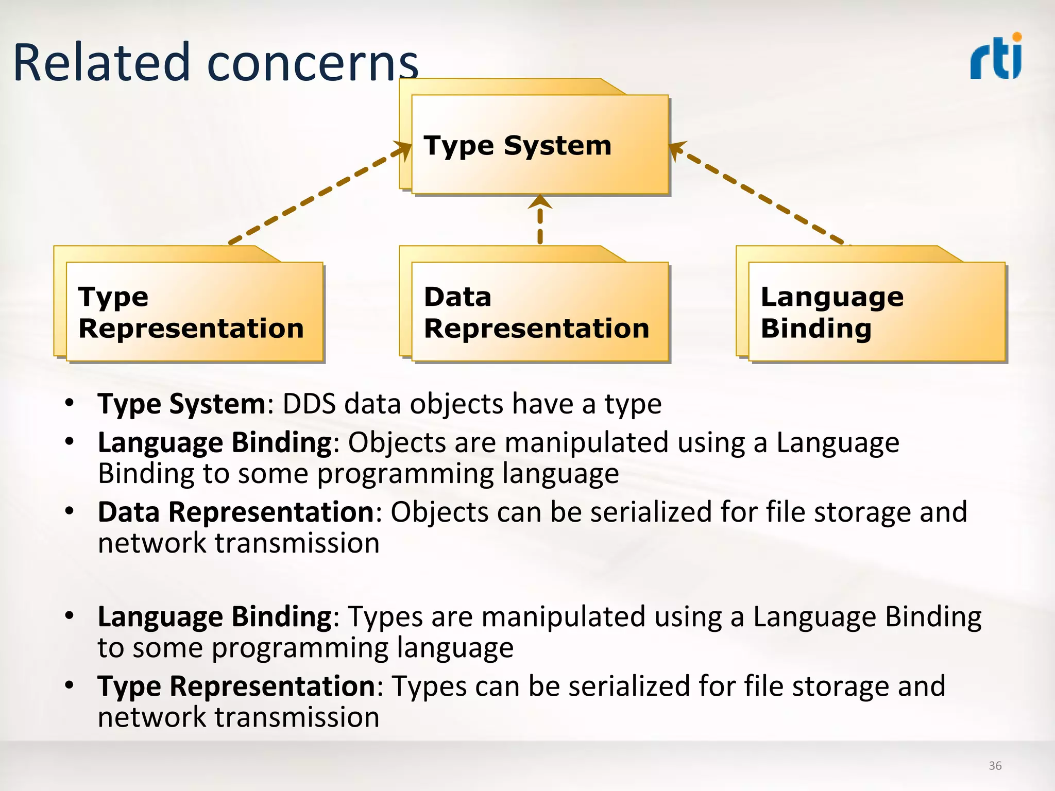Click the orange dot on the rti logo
[x=1016, y=37]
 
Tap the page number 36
[x=995, y=766]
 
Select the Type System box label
[x=517, y=145]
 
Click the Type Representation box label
[x=191, y=313]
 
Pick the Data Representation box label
[x=536, y=313]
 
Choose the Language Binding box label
[x=831, y=313]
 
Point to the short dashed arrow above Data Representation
[x=540, y=220]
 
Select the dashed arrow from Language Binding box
[x=757, y=195]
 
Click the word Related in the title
[x=101, y=63]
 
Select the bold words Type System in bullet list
[x=181, y=404]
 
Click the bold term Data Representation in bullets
[x=236, y=512]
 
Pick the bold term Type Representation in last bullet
[x=236, y=686]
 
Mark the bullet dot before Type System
[x=70, y=402]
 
